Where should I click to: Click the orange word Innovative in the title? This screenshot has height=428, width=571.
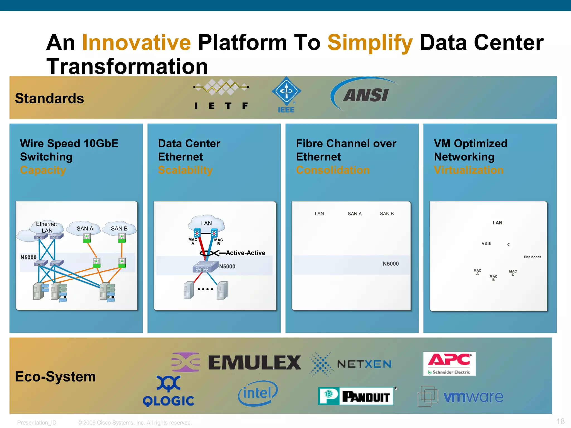pyautogui.click(x=136, y=43)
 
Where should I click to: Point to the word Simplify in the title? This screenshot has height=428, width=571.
pyautogui.click(x=370, y=43)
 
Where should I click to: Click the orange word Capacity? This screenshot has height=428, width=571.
pyautogui.click(x=43, y=170)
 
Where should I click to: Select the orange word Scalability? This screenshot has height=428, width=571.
pyautogui.click(x=185, y=170)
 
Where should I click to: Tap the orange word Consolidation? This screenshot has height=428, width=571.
pyautogui.click(x=333, y=170)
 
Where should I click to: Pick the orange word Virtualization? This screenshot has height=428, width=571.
pyautogui.click(x=469, y=170)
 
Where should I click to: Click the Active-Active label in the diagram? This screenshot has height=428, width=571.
pyautogui.click(x=245, y=253)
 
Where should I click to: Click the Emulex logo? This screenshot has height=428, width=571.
pyautogui.click(x=254, y=363)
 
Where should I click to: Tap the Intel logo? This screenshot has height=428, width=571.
pyautogui.click(x=258, y=393)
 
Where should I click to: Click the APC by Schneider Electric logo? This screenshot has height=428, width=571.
pyautogui.click(x=449, y=364)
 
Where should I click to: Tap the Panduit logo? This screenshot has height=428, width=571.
pyautogui.click(x=356, y=396)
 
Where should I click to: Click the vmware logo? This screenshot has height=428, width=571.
pyautogui.click(x=461, y=396)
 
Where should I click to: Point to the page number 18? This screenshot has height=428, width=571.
pyautogui.click(x=560, y=421)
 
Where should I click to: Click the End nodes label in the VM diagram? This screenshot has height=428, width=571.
pyautogui.click(x=532, y=257)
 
